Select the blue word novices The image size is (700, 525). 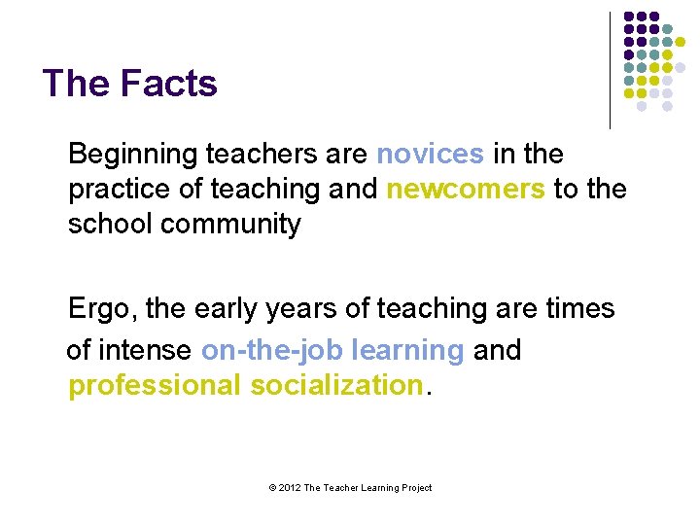point(430,154)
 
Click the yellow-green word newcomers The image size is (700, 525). point(466,189)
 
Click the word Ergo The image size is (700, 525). point(102,309)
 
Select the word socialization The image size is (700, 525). point(336,385)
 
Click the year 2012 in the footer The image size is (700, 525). point(289,488)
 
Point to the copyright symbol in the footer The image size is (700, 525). point(271,488)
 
